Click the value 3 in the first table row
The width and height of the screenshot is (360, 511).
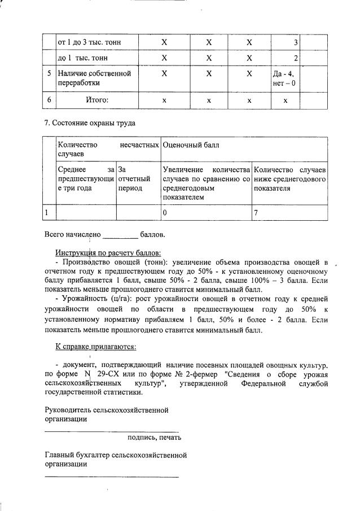click(295, 42)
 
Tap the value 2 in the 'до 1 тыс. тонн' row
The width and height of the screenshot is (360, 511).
click(295, 58)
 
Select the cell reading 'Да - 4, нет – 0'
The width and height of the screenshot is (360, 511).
click(284, 78)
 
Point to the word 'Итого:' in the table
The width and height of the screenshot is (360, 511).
click(97, 100)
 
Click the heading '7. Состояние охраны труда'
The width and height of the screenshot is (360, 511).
click(90, 123)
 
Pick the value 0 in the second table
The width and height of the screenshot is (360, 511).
click(165, 212)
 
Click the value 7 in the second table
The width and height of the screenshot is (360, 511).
click(256, 212)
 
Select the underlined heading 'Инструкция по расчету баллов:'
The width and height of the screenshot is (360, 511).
click(108, 252)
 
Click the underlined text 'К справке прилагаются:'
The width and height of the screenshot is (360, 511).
click(95, 346)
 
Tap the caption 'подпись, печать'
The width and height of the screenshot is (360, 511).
click(154, 437)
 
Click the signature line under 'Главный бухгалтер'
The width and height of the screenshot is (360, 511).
click(111, 477)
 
